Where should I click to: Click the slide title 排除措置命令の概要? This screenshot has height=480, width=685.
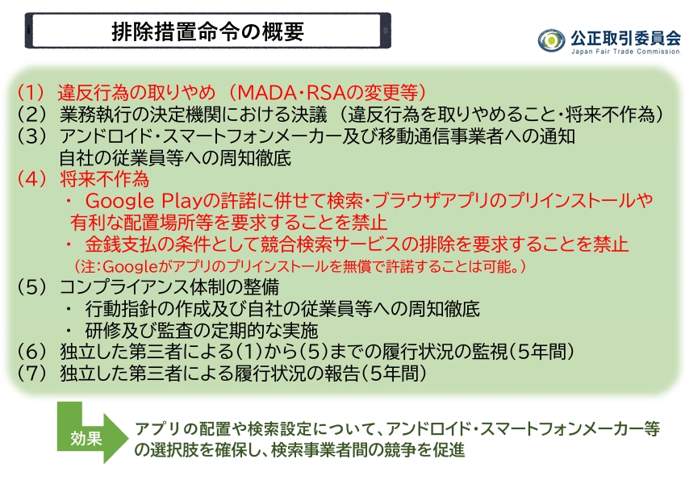(207, 31)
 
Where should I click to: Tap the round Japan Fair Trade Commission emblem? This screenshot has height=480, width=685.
(551, 41)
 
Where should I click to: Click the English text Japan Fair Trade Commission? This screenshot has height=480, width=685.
(625, 52)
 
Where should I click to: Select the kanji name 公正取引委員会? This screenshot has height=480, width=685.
(625, 38)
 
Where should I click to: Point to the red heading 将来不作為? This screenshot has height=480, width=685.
(104, 179)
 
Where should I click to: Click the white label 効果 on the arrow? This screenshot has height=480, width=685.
(86, 438)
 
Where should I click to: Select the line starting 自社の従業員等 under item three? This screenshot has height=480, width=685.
(175, 157)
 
